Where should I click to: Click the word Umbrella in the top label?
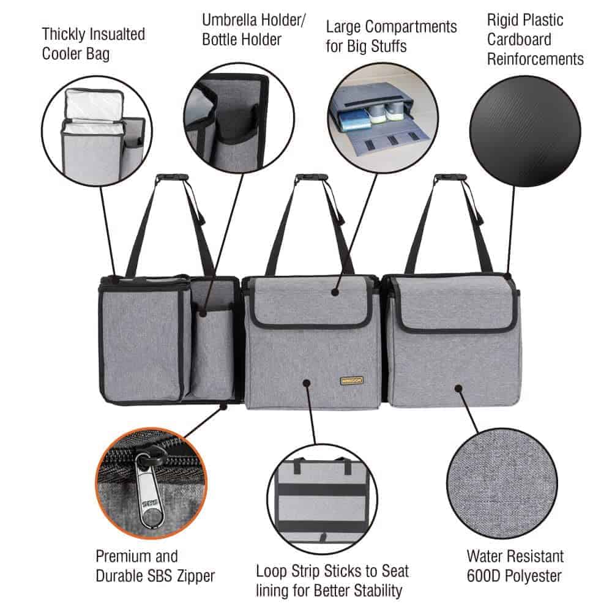point(229,20)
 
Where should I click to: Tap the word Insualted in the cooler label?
point(119,34)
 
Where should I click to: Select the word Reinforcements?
point(535,59)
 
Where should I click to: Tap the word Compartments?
point(411,28)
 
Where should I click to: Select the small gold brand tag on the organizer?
point(351,381)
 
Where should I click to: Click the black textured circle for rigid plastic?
point(525,131)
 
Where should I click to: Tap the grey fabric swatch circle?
point(502,483)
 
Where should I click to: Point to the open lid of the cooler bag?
point(94,104)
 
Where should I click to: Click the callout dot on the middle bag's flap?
point(335,292)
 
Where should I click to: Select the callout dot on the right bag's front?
point(458,389)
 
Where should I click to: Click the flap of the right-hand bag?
point(455,304)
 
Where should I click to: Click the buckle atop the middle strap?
point(311,177)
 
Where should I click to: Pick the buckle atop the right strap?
point(450,177)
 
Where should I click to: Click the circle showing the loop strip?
point(323,499)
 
